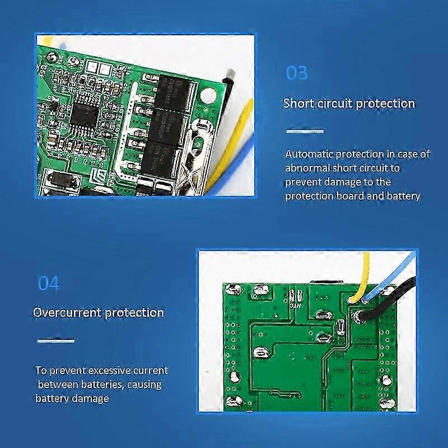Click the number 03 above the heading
[x=297, y=73]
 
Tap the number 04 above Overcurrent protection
[x=48, y=283]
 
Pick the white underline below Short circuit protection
[x=305, y=131]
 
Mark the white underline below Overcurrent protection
[x=55, y=340]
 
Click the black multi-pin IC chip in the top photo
[x=86, y=115]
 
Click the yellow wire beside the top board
[x=241, y=134]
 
